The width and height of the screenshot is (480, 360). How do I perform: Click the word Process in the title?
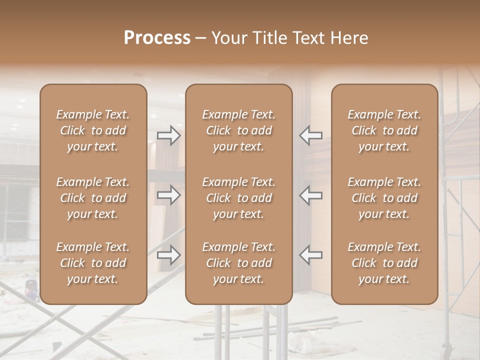157,38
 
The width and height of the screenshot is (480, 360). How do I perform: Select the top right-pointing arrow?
168,135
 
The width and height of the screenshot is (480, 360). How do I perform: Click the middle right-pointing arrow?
168,194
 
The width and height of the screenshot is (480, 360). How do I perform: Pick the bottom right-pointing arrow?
168,255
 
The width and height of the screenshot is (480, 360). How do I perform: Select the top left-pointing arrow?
310,135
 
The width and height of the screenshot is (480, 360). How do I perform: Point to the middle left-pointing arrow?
310,194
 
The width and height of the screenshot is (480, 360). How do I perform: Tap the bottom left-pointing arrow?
310,255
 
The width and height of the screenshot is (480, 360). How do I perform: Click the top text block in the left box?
93,130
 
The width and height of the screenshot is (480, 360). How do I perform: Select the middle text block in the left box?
93,198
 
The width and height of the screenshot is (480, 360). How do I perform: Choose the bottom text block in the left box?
93,263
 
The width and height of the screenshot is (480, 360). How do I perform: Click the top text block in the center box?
238,130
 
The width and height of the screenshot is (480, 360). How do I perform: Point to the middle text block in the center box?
238,198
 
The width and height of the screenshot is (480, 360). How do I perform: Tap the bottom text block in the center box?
238,263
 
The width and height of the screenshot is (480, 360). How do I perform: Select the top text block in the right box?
384,130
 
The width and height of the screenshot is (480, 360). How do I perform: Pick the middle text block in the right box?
384,198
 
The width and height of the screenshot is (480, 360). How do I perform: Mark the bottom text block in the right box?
384,263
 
